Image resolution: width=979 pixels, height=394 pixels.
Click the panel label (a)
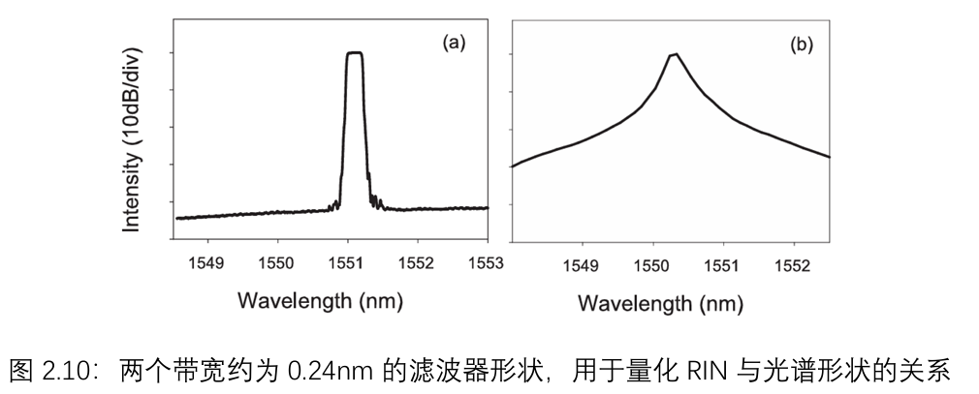(x=455, y=43)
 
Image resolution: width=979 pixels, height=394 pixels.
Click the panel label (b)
(x=802, y=45)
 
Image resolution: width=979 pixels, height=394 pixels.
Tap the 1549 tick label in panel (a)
(x=207, y=262)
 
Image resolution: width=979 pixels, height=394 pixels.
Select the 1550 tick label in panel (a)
(x=277, y=262)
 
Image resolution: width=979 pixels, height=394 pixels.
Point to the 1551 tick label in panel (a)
(x=347, y=262)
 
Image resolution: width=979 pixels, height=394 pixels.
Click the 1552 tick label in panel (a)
(x=417, y=262)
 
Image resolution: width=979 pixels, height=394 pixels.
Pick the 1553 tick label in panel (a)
(x=486, y=262)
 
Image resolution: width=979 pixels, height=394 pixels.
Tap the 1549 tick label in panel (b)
(x=581, y=263)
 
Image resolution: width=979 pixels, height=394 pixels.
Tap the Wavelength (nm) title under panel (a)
(x=320, y=302)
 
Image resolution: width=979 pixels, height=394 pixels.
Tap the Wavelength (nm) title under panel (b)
(x=660, y=303)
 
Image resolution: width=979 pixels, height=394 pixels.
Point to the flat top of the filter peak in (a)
(x=354, y=53)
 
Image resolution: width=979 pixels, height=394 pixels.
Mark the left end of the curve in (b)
(x=512, y=167)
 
